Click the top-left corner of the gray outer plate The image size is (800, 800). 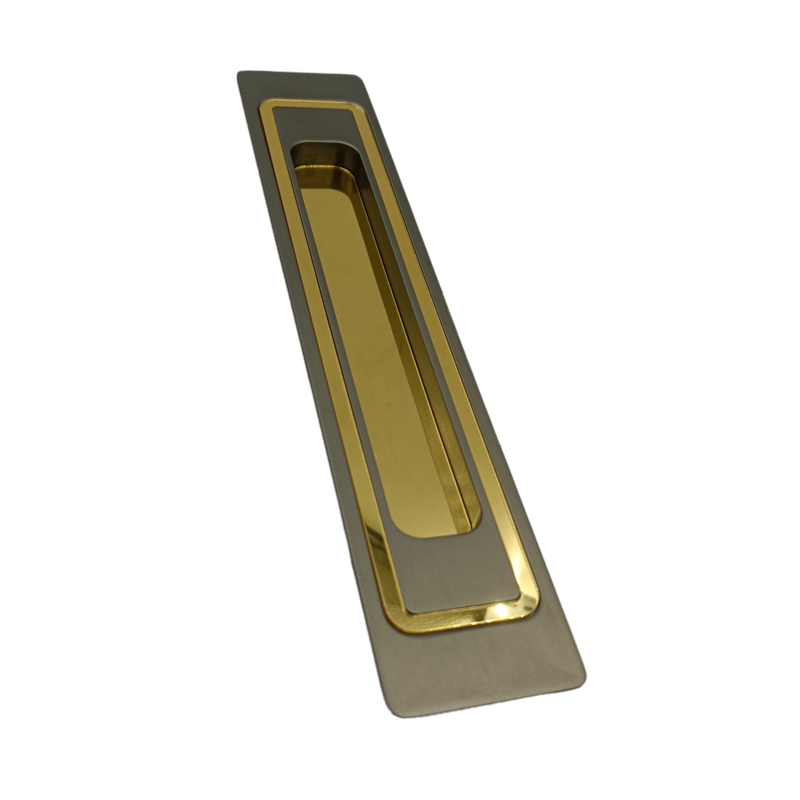[x=239, y=73]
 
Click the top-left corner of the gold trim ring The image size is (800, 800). [x=262, y=104]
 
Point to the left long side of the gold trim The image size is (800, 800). [x=326, y=370]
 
